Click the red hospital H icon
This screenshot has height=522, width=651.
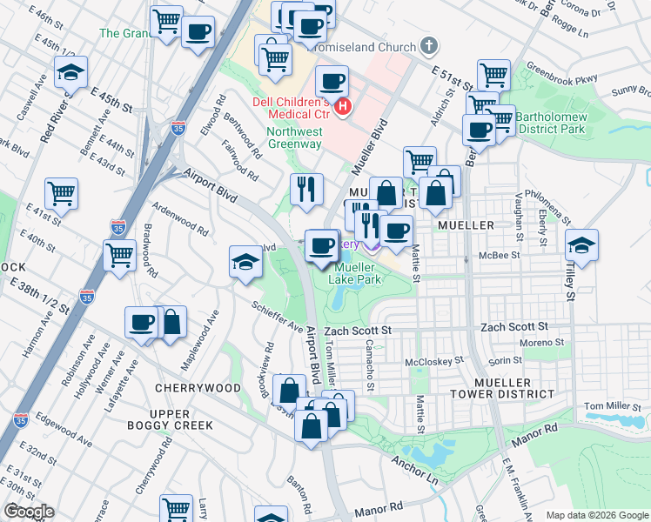[x=344, y=107]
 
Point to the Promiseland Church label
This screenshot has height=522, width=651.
[x=370, y=45]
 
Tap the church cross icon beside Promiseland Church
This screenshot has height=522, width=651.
[x=428, y=45]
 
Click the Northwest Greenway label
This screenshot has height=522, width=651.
[x=294, y=137]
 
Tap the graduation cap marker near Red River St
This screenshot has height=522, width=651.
[x=71, y=73]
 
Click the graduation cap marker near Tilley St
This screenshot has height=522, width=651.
[x=582, y=244]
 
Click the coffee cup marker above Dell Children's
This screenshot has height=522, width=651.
[x=331, y=83]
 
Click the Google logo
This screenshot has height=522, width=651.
[x=29, y=512]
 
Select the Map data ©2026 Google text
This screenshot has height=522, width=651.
[x=596, y=515]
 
